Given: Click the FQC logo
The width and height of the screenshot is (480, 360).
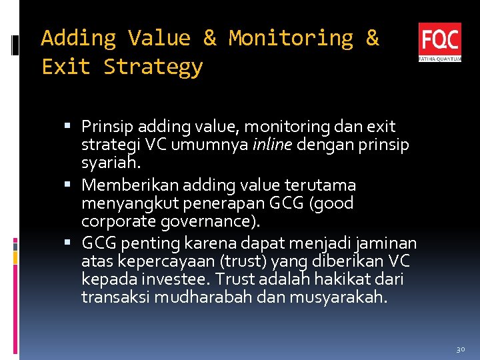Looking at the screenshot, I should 439,42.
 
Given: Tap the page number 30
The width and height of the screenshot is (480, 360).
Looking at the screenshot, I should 460,349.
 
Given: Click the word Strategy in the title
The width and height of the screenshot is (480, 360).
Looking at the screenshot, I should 153,67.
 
